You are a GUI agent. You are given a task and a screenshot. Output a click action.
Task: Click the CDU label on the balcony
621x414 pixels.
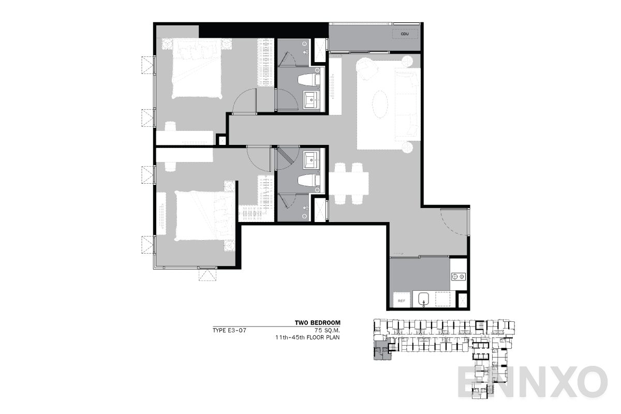coord(405,34)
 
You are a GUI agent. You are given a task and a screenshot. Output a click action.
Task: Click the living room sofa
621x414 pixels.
coord(407,103)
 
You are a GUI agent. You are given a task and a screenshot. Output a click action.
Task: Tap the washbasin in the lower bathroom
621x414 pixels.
coord(311,160)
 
